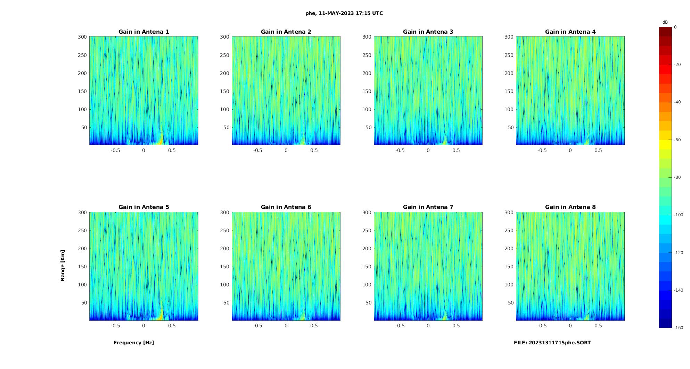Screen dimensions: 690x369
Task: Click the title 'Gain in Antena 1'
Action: pyautogui.click(x=143, y=32)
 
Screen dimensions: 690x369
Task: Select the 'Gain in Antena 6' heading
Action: pyautogui.click(x=286, y=207)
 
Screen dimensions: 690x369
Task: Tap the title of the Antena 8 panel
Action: pyautogui.click(x=570, y=207)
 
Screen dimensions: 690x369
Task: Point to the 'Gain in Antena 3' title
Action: pyautogui.click(x=428, y=32)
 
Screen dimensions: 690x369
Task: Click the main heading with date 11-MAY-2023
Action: pyautogui.click(x=344, y=13)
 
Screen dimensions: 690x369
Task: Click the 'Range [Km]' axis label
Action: pyautogui.click(x=63, y=265)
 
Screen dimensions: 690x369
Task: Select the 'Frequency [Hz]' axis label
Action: pyautogui.click(x=134, y=343)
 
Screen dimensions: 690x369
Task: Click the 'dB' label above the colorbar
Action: pyautogui.click(x=665, y=22)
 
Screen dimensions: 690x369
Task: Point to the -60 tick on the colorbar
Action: pyautogui.click(x=677, y=140)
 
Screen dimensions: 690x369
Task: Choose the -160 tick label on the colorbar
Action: pyautogui.click(x=678, y=328)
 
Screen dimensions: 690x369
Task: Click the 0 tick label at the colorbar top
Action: pyautogui.click(x=675, y=27)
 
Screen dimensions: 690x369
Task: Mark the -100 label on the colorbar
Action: pyautogui.click(x=678, y=215)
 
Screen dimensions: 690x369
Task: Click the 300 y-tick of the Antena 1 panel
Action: pyautogui.click(x=82, y=37)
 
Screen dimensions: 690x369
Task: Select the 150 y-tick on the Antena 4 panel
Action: pyautogui.click(x=509, y=91)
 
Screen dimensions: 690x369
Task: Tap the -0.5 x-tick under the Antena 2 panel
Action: pyautogui.click(x=257, y=150)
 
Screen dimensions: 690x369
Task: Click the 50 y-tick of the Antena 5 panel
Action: pyautogui.click(x=84, y=303)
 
